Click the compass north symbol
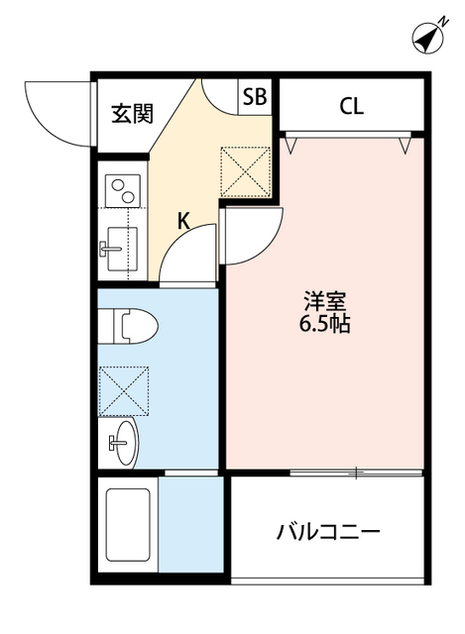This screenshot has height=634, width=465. [427, 37]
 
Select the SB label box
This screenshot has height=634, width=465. [254, 97]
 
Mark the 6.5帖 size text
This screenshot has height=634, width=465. [323, 325]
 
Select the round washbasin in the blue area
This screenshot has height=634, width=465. [123, 440]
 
